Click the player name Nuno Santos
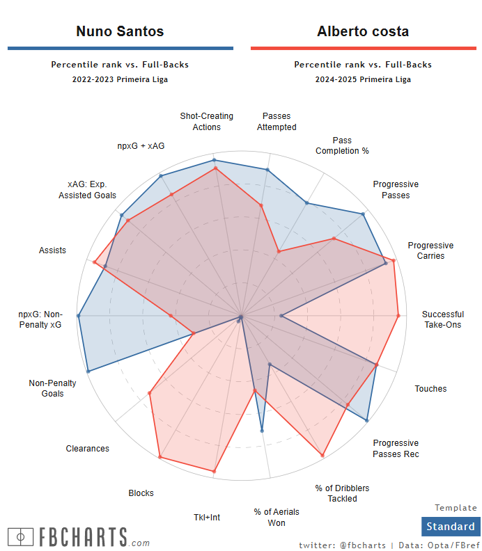120,31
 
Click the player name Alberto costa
363,31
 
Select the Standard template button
450,527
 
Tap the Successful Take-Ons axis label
442,319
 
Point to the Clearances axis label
88,449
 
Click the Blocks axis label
141,493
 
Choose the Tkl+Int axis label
207,517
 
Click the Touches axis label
430,389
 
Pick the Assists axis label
53,250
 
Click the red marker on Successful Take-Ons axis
398,316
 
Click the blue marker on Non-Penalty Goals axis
88,372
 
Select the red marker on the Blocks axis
160,457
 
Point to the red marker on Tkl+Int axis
214,472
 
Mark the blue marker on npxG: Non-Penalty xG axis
79,316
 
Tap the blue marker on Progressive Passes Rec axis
367,420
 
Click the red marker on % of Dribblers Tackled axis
322,456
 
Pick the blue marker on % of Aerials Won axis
262,431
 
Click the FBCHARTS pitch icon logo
21,537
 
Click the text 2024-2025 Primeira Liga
363,79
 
